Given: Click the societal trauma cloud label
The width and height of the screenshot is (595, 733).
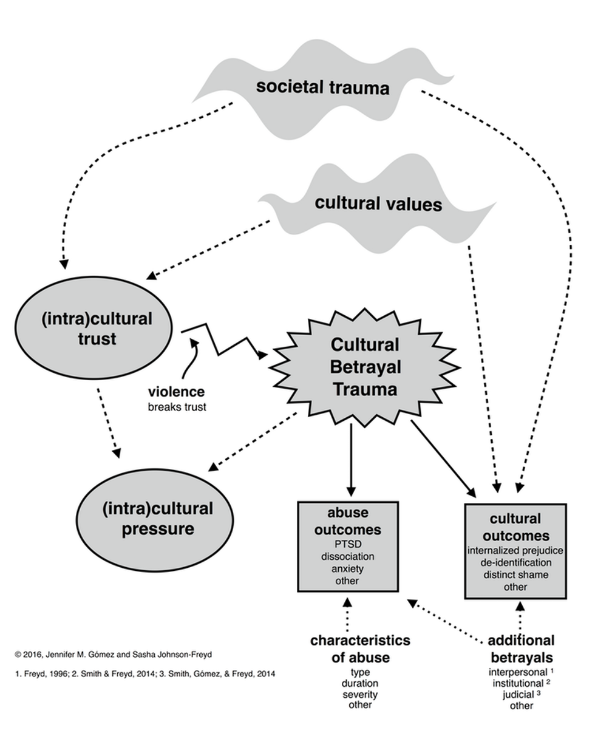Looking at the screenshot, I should point(322,87).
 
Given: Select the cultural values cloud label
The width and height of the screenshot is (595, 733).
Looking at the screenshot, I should point(378,203).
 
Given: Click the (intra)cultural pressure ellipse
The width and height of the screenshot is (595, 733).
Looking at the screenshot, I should point(157,519).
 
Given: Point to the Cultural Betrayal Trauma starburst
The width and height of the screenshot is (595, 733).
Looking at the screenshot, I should point(364,367).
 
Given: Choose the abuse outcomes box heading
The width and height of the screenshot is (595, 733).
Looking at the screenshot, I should point(347,521).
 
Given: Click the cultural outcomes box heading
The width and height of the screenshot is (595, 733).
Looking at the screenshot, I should point(515,527).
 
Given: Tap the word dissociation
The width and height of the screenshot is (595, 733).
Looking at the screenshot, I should point(347,556).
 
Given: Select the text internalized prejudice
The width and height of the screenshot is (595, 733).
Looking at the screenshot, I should point(515,550).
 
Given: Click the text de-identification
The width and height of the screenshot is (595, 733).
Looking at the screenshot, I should point(515,562).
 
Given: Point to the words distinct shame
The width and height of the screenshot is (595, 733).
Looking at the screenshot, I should point(515,574).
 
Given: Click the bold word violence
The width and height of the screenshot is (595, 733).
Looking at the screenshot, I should point(176,392).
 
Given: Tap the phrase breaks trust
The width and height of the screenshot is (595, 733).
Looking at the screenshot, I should point(177,407).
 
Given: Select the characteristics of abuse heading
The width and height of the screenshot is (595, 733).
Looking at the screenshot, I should point(360,649).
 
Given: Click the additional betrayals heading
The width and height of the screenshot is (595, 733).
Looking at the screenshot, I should point(521,649).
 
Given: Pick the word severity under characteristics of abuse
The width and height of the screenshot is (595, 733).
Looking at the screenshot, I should point(360,694).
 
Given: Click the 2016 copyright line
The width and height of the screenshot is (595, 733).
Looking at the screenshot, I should point(114,655).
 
